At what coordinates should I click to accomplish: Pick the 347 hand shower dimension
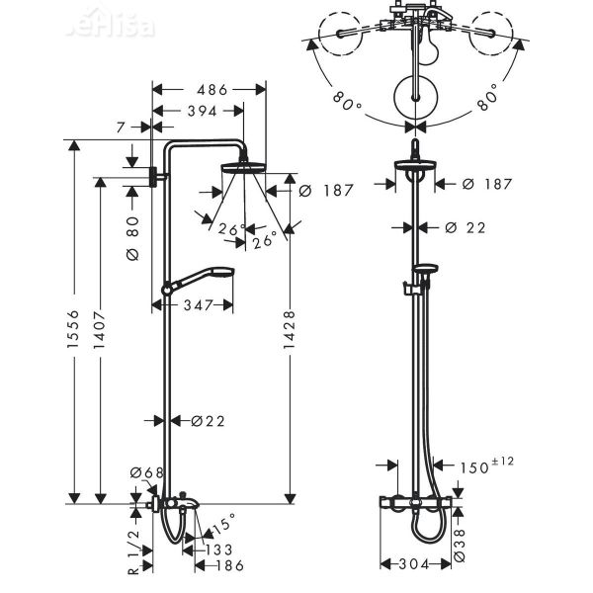[198, 306]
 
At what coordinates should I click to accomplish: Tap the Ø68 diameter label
[151, 472]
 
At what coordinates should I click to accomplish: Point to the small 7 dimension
[120, 127]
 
